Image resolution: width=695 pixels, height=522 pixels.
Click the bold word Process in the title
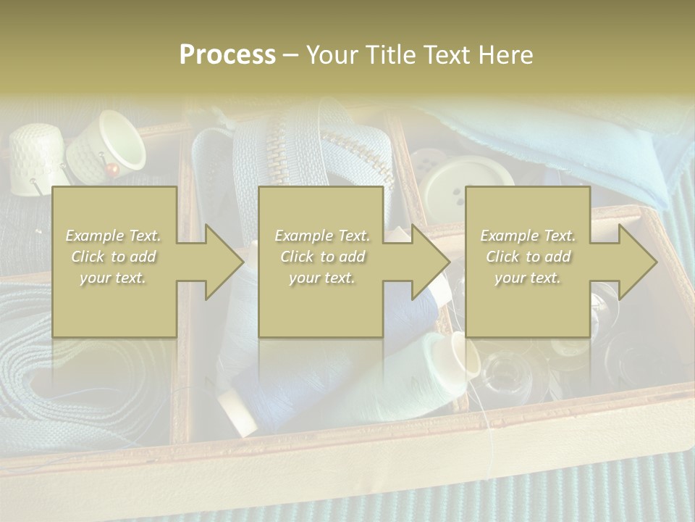pos(227,55)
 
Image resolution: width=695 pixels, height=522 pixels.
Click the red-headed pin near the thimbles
pos(111,170)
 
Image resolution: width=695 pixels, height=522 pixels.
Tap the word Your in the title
pos(329,55)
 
